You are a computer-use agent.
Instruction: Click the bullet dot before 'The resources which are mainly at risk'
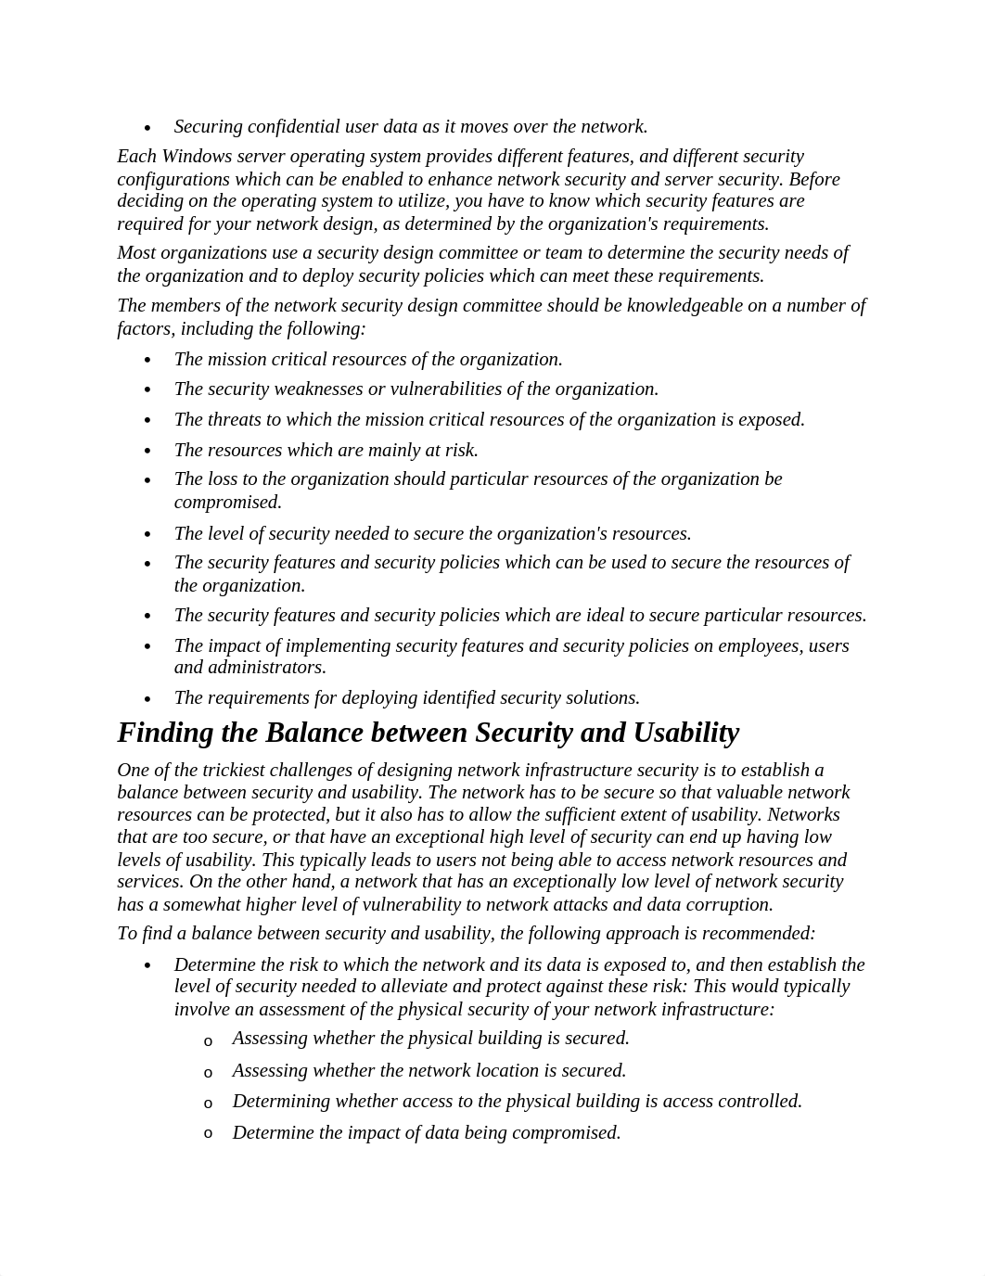click(147, 452)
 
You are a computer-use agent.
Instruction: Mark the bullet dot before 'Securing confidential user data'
click(147, 128)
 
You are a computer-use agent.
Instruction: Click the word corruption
click(728, 905)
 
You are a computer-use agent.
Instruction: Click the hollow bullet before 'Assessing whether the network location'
click(209, 1073)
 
